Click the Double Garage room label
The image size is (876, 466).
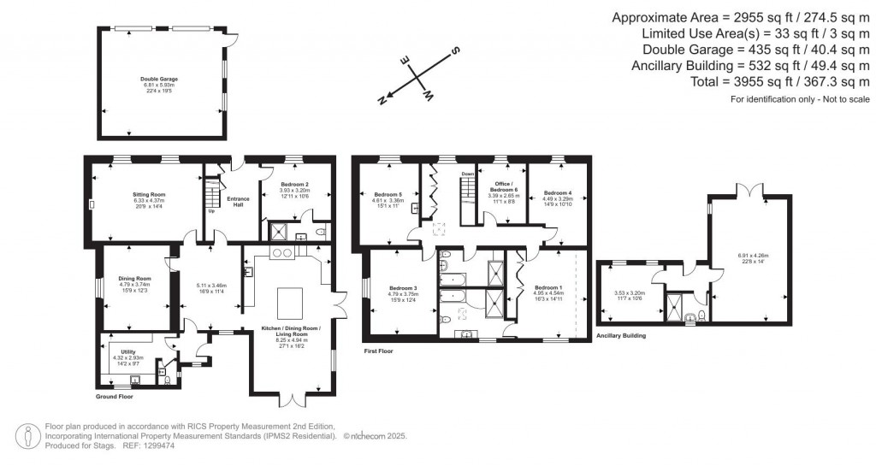[158, 79]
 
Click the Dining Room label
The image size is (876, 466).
[134, 278]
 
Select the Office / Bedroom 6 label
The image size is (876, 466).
[503, 187]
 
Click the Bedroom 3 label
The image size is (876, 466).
[402, 287]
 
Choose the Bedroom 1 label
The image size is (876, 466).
[547, 287]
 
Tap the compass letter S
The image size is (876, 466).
[457, 50]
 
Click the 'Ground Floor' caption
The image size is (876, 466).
[114, 397]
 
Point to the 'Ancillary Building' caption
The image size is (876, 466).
[620, 336]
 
